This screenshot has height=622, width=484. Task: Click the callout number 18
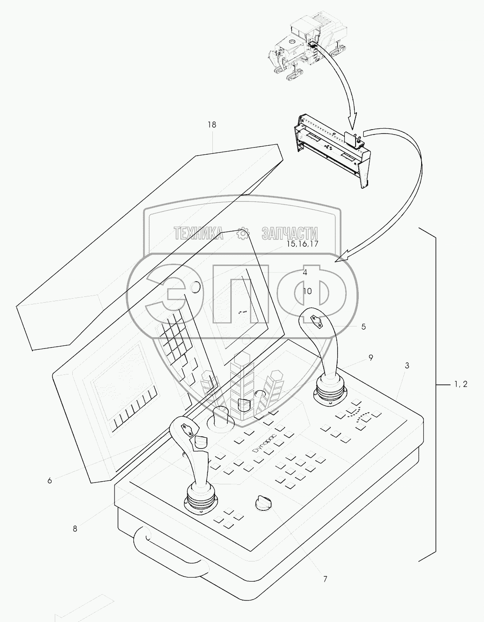(211, 124)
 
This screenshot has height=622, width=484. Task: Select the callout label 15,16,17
(302, 244)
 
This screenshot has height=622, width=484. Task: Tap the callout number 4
(304, 272)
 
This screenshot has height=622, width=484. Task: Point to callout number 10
(307, 291)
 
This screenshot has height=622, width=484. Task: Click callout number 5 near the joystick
(363, 326)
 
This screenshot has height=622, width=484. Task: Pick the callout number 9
(370, 357)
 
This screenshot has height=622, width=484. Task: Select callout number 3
(407, 365)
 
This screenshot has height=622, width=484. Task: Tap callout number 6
(49, 481)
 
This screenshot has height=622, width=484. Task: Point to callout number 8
(75, 529)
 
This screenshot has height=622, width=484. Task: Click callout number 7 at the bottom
(325, 579)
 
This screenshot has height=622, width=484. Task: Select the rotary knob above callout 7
(263, 503)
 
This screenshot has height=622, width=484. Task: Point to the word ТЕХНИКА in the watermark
(198, 233)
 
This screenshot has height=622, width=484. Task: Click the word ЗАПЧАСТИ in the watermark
(289, 233)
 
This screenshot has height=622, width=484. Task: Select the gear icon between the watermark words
(243, 233)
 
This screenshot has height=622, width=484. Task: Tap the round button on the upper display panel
(194, 287)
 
